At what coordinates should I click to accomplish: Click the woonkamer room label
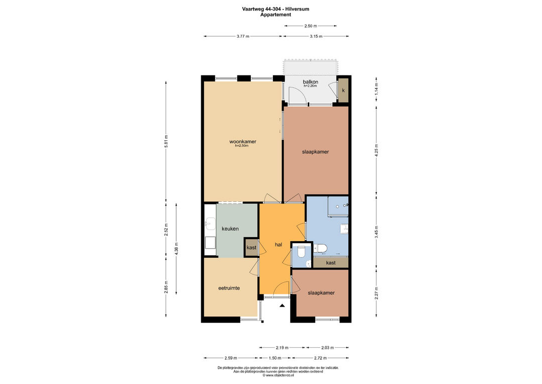click(243, 142)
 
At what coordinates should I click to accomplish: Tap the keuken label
click(230, 229)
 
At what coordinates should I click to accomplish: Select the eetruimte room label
click(229, 288)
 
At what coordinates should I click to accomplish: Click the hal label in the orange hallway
click(278, 244)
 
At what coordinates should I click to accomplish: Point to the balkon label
click(311, 82)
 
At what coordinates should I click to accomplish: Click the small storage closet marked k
click(343, 90)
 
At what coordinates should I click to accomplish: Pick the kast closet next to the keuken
click(251, 247)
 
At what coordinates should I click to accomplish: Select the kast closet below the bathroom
click(331, 263)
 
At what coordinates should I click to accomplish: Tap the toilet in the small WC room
click(301, 252)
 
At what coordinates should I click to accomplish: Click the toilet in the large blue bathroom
click(320, 248)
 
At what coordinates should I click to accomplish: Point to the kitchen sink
click(209, 224)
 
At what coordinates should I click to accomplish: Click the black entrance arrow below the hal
click(283, 306)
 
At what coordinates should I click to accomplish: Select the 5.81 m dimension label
click(166, 142)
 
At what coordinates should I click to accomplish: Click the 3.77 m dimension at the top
click(243, 36)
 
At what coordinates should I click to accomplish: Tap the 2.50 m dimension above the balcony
click(311, 26)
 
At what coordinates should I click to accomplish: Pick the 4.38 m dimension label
click(177, 249)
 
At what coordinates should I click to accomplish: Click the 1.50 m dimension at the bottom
click(275, 358)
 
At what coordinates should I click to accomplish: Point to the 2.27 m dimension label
click(377, 293)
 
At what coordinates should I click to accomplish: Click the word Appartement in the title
click(276, 15)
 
